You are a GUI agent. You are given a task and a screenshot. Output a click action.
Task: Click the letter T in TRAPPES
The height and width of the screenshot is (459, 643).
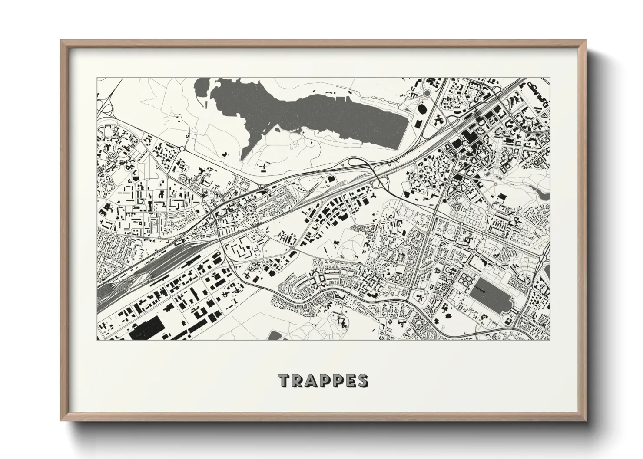[283, 380]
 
